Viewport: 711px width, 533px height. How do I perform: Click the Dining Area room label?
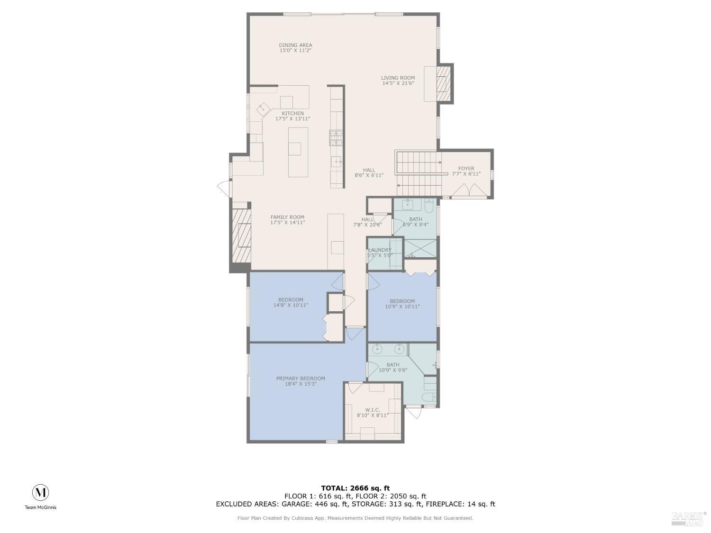pos(295,45)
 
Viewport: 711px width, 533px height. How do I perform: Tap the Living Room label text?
pos(398,78)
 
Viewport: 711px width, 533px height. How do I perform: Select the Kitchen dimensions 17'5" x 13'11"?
pos(292,119)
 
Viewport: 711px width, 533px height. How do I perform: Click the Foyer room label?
pos(466,169)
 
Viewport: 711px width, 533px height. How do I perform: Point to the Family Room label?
pos(287,217)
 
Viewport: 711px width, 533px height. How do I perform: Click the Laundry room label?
pos(380,250)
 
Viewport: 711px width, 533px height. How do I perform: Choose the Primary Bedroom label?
pos(301,379)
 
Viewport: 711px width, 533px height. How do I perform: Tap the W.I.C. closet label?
pos(373,410)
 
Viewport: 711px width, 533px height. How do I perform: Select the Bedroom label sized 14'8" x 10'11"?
pos(291,300)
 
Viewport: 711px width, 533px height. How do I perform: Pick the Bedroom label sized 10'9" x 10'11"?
pos(402,301)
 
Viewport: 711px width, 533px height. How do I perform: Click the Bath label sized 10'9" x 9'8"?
pos(392,365)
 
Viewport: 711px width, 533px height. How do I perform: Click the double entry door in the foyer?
pos(466,191)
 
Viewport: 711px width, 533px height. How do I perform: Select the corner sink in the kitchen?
pos(262,109)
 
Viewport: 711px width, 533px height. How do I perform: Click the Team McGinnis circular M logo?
pos(40,493)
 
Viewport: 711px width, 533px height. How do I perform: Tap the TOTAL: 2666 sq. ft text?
pos(355,488)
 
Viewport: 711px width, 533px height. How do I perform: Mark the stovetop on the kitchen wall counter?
pos(336,137)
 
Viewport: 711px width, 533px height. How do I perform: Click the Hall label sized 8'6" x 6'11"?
pos(369,170)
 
